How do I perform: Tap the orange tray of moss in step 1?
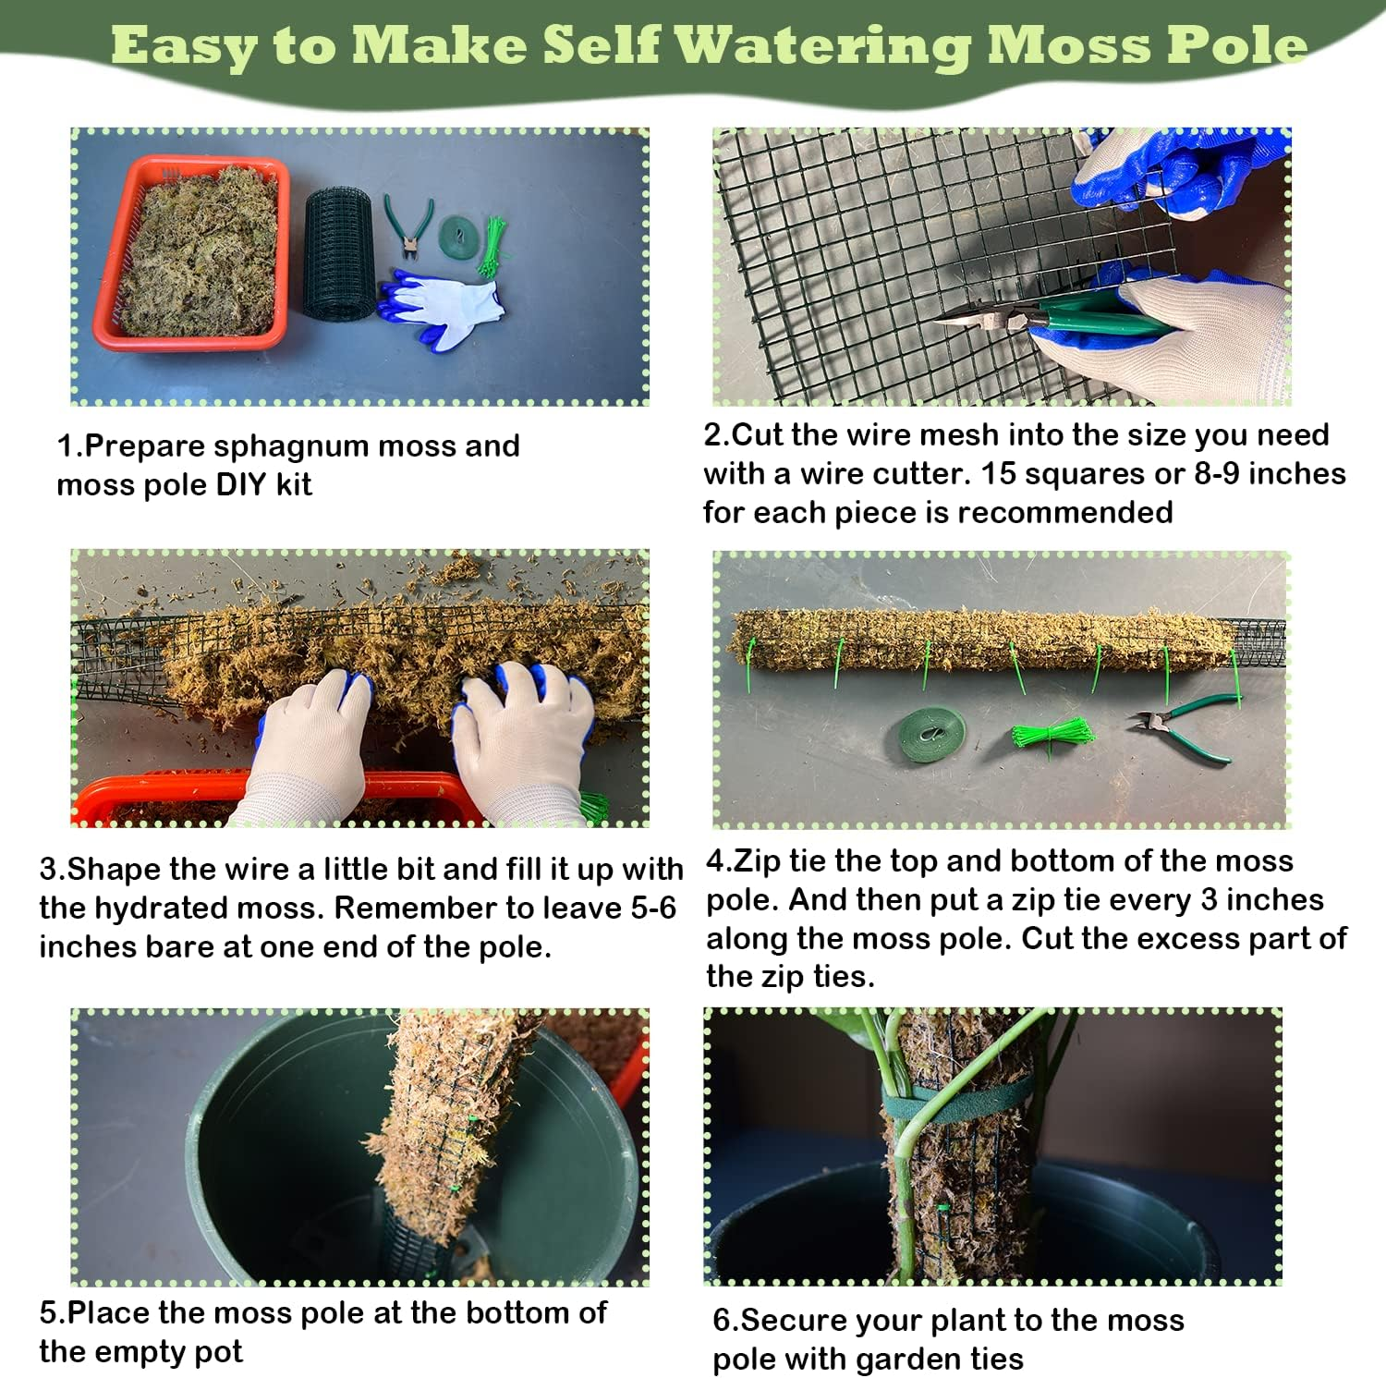pos(191,251)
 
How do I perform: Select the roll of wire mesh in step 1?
pos(339,253)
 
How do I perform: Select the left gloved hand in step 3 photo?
pos(309,739)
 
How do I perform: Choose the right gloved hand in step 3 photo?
pos(523,739)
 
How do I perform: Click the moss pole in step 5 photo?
pos(443,1137)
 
